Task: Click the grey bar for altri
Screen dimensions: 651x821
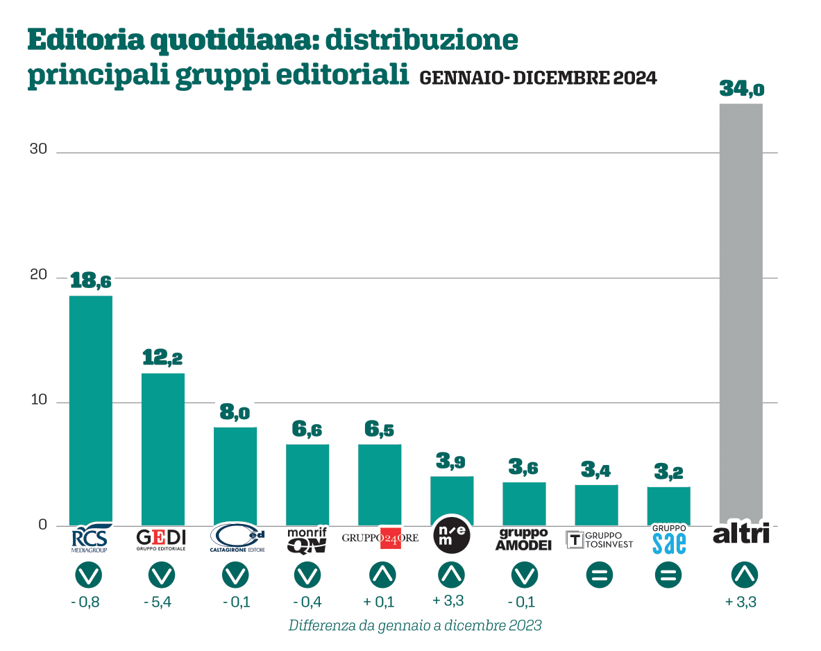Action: [x=740, y=312]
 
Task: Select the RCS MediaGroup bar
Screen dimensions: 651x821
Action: [x=90, y=409]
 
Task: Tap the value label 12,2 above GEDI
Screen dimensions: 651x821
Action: [x=162, y=358]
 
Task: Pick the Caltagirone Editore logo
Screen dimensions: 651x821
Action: [x=237, y=539]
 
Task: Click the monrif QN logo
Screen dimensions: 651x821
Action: [x=307, y=540]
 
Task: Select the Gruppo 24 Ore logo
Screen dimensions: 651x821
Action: [x=380, y=538]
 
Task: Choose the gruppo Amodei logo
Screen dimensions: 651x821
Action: [x=523, y=539]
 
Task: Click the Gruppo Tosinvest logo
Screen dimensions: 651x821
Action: [x=600, y=539]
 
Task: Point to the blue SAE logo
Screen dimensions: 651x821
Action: [x=669, y=539]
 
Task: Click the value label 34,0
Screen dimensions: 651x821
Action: [x=740, y=89]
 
